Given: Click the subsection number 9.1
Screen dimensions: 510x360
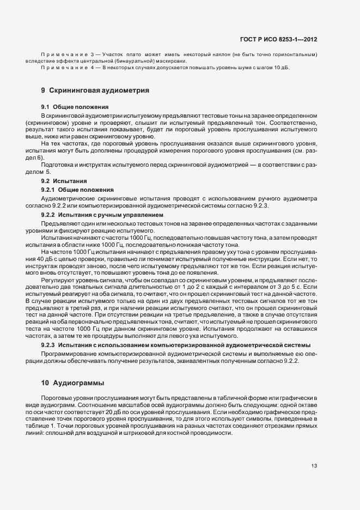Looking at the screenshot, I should tap(46, 106).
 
